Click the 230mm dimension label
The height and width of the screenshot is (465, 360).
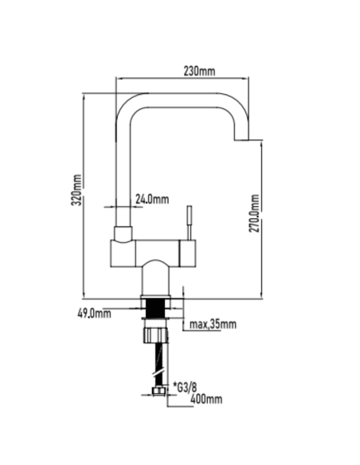[x=199, y=71]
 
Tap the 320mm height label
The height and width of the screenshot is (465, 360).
[x=76, y=190]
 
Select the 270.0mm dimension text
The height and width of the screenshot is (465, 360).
[x=254, y=213]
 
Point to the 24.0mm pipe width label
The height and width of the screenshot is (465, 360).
[x=152, y=199]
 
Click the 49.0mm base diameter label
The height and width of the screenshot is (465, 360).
[x=94, y=313]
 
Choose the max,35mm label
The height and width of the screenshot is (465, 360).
[x=213, y=324]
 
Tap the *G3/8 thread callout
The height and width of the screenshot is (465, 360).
[x=185, y=387]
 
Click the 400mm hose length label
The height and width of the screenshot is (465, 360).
[x=206, y=399]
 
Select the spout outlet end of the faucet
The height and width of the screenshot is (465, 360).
[x=241, y=139]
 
